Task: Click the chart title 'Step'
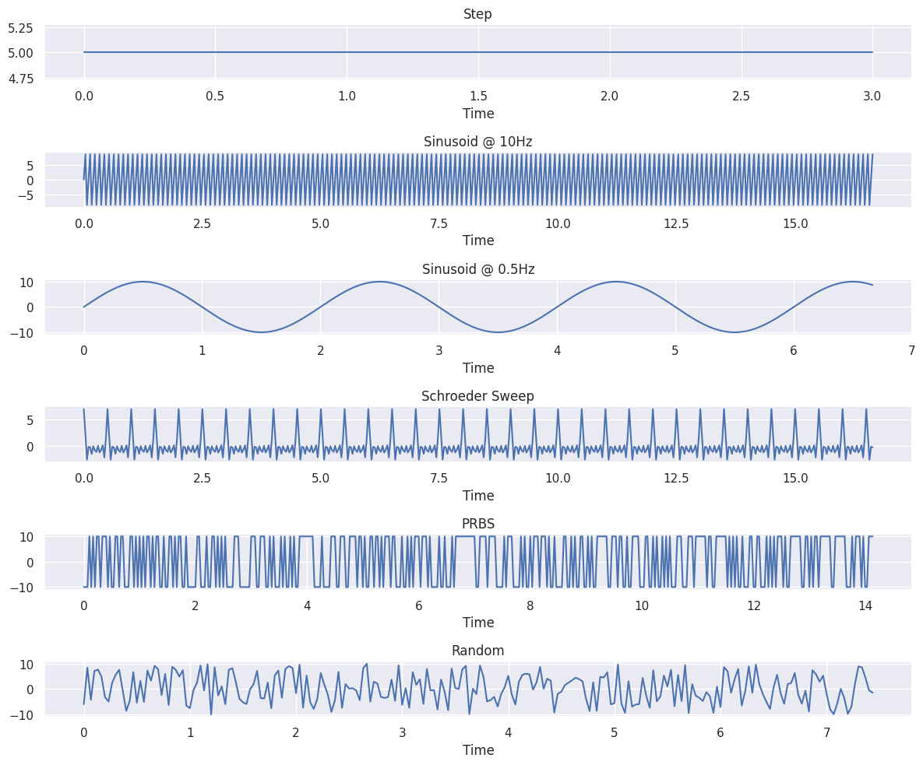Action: pyautogui.click(x=477, y=14)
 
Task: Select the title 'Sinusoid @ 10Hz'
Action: pyautogui.click(x=477, y=142)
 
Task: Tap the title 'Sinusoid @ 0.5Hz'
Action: pyautogui.click(x=477, y=269)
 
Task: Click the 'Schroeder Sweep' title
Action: pyautogui.click(x=477, y=396)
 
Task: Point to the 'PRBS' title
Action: pyautogui.click(x=477, y=524)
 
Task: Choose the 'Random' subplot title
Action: pyautogui.click(x=477, y=651)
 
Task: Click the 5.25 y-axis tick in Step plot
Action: pyautogui.click(x=20, y=28)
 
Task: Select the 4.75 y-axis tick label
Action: pyautogui.click(x=20, y=79)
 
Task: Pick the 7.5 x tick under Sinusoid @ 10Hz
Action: pyautogui.click(x=439, y=224)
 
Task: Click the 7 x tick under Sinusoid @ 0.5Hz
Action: pyautogui.click(x=911, y=351)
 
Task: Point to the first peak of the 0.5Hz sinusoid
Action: pyautogui.click(x=143, y=282)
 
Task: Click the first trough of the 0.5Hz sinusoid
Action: pyautogui.click(x=262, y=332)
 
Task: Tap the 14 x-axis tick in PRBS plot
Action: pyautogui.click(x=865, y=606)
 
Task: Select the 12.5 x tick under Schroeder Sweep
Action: pyautogui.click(x=676, y=479)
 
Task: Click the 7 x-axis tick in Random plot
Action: pyautogui.click(x=826, y=733)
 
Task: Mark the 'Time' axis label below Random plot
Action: pyautogui.click(x=477, y=750)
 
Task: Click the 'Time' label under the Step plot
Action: pyautogui.click(x=477, y=114)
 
